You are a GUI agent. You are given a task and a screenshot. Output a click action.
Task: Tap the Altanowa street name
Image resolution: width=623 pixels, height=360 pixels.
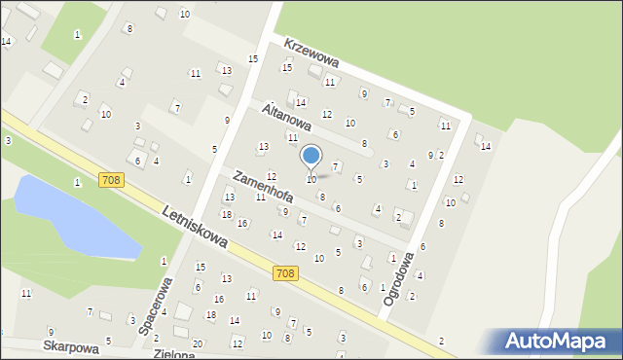click(287, 120)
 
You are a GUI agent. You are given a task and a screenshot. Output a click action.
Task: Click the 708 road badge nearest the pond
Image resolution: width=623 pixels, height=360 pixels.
click(110, 180)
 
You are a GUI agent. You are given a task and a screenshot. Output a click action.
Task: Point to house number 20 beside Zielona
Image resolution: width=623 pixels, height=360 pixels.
click(198, 343)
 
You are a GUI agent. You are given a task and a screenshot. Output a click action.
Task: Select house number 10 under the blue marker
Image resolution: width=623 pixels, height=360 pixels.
click(311, 179)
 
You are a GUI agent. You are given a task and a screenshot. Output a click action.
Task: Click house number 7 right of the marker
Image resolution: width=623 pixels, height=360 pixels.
click(335, 166)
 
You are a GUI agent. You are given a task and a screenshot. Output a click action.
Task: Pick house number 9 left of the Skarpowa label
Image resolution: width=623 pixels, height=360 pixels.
click(51, 333)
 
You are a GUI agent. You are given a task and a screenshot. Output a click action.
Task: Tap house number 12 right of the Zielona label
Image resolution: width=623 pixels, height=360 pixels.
click(237, 343)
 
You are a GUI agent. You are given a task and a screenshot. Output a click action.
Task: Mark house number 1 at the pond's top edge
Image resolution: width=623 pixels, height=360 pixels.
click(77, 182)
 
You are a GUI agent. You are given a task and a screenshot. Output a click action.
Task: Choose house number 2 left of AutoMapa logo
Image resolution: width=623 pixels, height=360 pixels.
click(441, 341)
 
